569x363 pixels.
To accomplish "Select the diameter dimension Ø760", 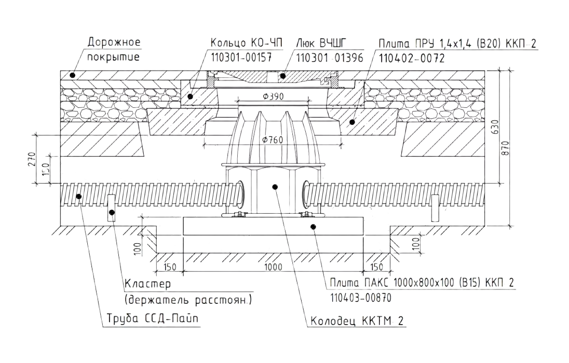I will [274, 139].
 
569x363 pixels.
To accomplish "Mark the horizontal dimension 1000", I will [273, 267].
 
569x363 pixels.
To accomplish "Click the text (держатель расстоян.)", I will [189, 300].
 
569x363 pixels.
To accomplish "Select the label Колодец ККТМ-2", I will [357, 322].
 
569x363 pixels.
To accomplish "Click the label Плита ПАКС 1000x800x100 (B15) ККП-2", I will [422, 283].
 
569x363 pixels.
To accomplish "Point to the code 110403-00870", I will [359, 298].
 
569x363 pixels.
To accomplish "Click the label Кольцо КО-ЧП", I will [247, 43].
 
